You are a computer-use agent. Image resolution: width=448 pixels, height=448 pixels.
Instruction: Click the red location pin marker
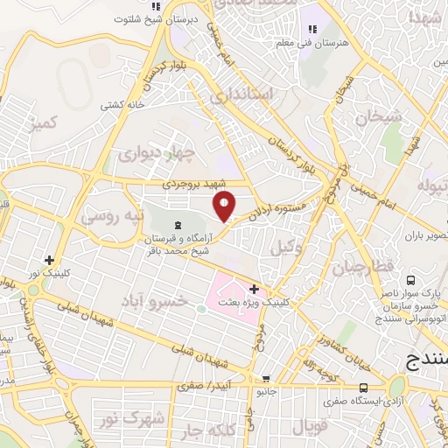225,205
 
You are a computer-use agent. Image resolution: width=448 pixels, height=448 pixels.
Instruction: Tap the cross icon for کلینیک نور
50,260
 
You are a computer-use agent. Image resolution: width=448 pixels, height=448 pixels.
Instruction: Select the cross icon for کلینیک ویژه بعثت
254,289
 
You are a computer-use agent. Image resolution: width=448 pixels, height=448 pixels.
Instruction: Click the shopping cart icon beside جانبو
265,379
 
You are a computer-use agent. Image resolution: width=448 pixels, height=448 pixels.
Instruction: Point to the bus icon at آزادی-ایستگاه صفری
363,388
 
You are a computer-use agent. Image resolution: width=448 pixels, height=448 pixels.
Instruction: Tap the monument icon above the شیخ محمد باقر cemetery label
178,225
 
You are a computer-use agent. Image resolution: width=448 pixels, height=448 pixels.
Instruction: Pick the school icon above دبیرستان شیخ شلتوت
143,6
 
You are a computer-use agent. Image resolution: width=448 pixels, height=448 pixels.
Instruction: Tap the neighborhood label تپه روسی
111,214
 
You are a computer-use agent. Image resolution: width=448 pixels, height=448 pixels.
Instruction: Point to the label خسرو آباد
157,301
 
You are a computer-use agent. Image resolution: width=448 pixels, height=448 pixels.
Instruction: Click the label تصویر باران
427,237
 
